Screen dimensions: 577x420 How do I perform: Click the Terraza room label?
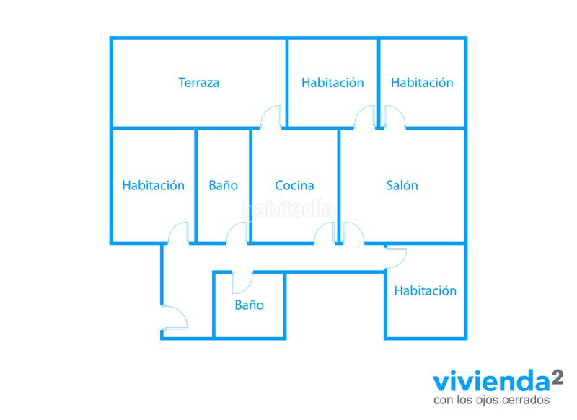(199, 83)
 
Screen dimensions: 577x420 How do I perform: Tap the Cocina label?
(294, 186)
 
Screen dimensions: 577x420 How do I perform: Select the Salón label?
(402, 185)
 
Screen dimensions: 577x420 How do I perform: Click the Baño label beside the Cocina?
(223, 185)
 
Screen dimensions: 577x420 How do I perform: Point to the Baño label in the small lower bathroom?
(249, 305)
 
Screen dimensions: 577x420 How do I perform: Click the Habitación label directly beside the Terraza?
(332, 83)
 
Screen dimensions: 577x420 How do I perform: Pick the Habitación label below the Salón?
(426, 290)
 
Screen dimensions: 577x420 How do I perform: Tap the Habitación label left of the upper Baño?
(154, 185)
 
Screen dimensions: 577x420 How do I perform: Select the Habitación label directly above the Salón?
(422, 83)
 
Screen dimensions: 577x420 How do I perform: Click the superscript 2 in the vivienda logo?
(557, 377)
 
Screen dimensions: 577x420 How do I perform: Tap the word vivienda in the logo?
(491, 381)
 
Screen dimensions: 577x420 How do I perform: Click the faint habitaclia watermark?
(289, 209)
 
